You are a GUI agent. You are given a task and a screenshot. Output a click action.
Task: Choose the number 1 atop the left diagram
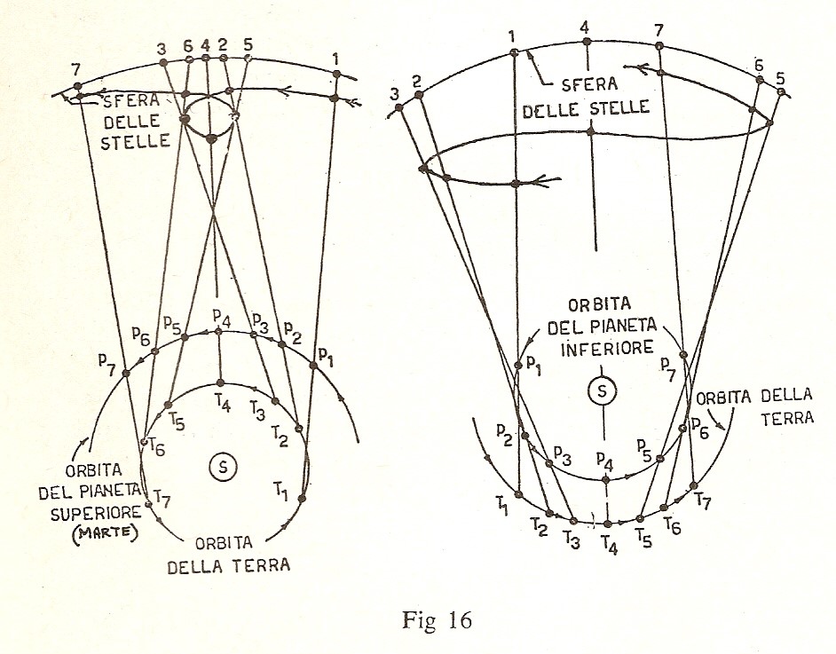point(335,59)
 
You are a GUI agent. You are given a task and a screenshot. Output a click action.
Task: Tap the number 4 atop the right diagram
point(585,26)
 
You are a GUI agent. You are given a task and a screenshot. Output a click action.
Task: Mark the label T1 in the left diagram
point(281,489)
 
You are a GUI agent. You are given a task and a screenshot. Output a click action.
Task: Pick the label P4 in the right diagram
point(605,461)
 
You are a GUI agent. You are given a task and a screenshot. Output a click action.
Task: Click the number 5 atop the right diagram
point(780,76)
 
